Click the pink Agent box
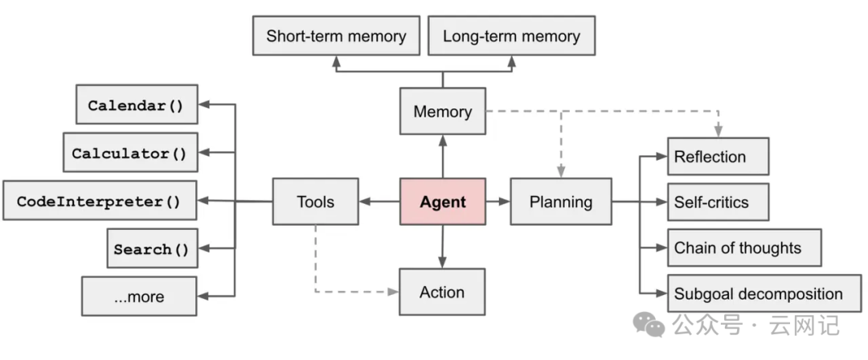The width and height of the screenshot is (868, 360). (x=442, y=202)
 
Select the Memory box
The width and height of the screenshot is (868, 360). (x=442, y=112)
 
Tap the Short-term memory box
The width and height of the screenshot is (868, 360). (x=336, y=36)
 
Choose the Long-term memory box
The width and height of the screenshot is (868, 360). (x=511, y=36)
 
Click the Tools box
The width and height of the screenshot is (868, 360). (x=315, y=202)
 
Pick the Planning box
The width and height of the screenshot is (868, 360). (x=560, y=202)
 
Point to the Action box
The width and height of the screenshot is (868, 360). (x=442, y=292)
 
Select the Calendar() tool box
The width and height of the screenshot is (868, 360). (x=136, y=105)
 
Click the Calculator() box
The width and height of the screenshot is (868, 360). (x=129, y=153)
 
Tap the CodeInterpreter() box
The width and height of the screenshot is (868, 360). (x=100, y=201)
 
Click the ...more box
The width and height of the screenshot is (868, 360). (x=138, y=296)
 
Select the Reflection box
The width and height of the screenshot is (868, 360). (x=718, y=157)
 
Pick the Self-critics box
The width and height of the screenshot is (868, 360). (x=718, y=202)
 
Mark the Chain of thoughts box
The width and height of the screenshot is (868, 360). (x=743, y=247)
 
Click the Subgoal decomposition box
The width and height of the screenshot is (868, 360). (x=763, y=293)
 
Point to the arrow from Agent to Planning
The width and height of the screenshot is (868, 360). (x=498, y=202)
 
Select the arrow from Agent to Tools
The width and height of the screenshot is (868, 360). (x=379, y=202)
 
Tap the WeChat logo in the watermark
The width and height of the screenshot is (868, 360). (x=649, y=324)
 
